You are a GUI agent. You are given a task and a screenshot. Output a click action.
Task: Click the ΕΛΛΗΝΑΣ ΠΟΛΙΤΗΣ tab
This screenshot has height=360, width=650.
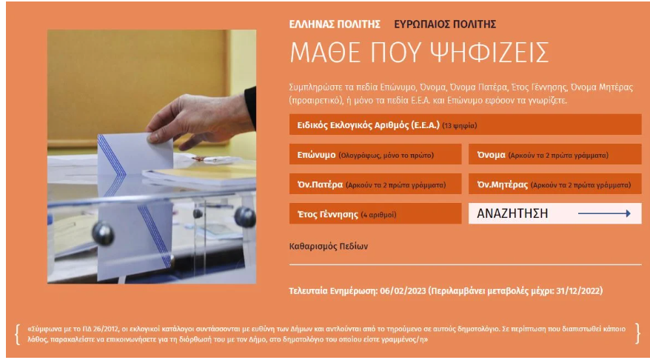(335, 24)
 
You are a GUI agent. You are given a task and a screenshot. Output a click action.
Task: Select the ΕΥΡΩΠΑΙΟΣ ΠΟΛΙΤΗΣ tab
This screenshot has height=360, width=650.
(445, 24)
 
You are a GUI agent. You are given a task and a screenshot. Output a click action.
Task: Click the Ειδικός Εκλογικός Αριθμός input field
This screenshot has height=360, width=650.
(465, 125)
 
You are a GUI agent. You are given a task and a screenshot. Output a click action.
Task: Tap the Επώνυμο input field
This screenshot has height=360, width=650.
(375, 155)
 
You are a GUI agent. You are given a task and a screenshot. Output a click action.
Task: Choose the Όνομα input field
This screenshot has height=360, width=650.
(554, 155)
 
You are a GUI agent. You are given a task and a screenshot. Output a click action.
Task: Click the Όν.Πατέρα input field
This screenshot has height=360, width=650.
(375, 184)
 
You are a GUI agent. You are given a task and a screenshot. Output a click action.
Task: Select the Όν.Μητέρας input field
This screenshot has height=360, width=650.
(554, 184)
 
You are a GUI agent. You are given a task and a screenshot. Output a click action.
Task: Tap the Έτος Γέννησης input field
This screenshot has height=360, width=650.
(375, 213)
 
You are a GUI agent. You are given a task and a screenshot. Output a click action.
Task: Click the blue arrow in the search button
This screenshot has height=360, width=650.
(604, 213)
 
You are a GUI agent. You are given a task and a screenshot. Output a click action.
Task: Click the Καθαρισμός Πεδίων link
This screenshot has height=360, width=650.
(328, 247)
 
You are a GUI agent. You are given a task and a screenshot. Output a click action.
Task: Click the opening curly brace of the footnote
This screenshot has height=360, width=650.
(18, 334)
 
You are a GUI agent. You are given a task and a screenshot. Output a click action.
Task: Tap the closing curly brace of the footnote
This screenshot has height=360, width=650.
(637, 334)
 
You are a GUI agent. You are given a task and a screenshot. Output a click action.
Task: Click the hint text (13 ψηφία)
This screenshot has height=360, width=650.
(459, 126)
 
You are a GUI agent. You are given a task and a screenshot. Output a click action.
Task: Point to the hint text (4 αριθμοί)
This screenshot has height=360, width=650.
(378, 215)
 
